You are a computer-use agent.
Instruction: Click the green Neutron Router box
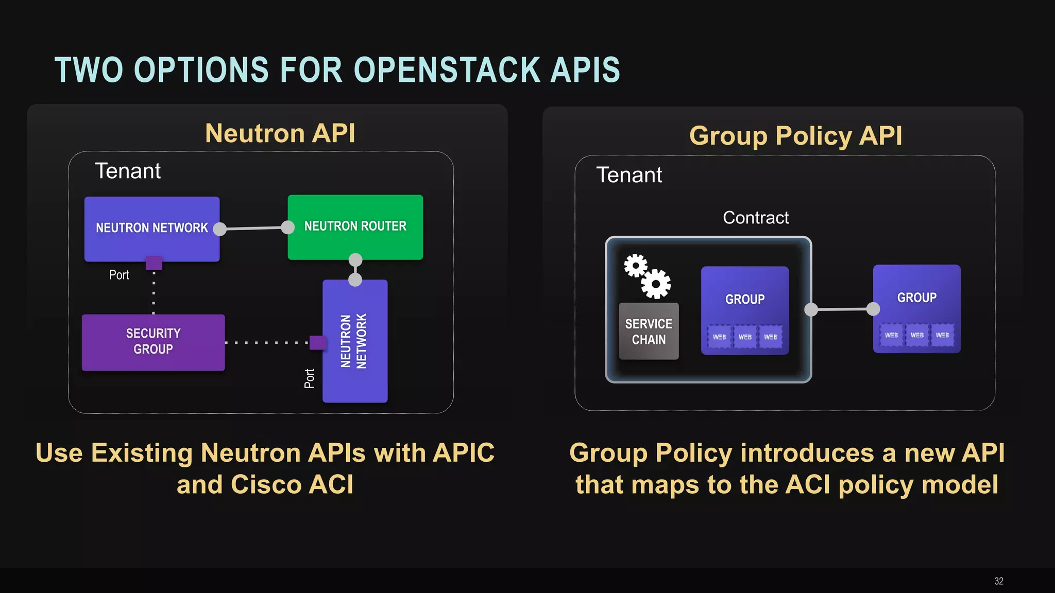tap(355, 227)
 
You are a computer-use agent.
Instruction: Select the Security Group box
tap(153, 342)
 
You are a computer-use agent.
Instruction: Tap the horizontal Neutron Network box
tap(151, 228)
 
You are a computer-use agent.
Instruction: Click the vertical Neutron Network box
tap(354, 341)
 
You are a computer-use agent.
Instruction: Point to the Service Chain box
tap(649, 332)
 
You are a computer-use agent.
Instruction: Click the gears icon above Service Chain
tap(647, 276)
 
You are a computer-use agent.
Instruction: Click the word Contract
tap(755, 218)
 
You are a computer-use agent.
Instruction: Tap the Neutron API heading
tap(280, 133)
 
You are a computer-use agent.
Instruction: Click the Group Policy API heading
tap(795, 136)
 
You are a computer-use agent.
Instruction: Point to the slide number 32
tap(998, 581)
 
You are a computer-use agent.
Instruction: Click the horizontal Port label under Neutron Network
tap(119, 275)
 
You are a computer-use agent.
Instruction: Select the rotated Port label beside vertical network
tap(310, 378)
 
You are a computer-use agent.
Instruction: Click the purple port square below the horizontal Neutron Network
tap(154, 263)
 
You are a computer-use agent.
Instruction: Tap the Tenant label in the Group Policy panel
tap(628, 175)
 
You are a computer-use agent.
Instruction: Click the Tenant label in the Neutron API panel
tap(128, 171)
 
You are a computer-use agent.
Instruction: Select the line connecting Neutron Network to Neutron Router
tap(253, 228)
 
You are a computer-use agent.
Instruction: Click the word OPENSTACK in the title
tap(447, 70)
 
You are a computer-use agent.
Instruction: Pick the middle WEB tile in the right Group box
tap(916, 335)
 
